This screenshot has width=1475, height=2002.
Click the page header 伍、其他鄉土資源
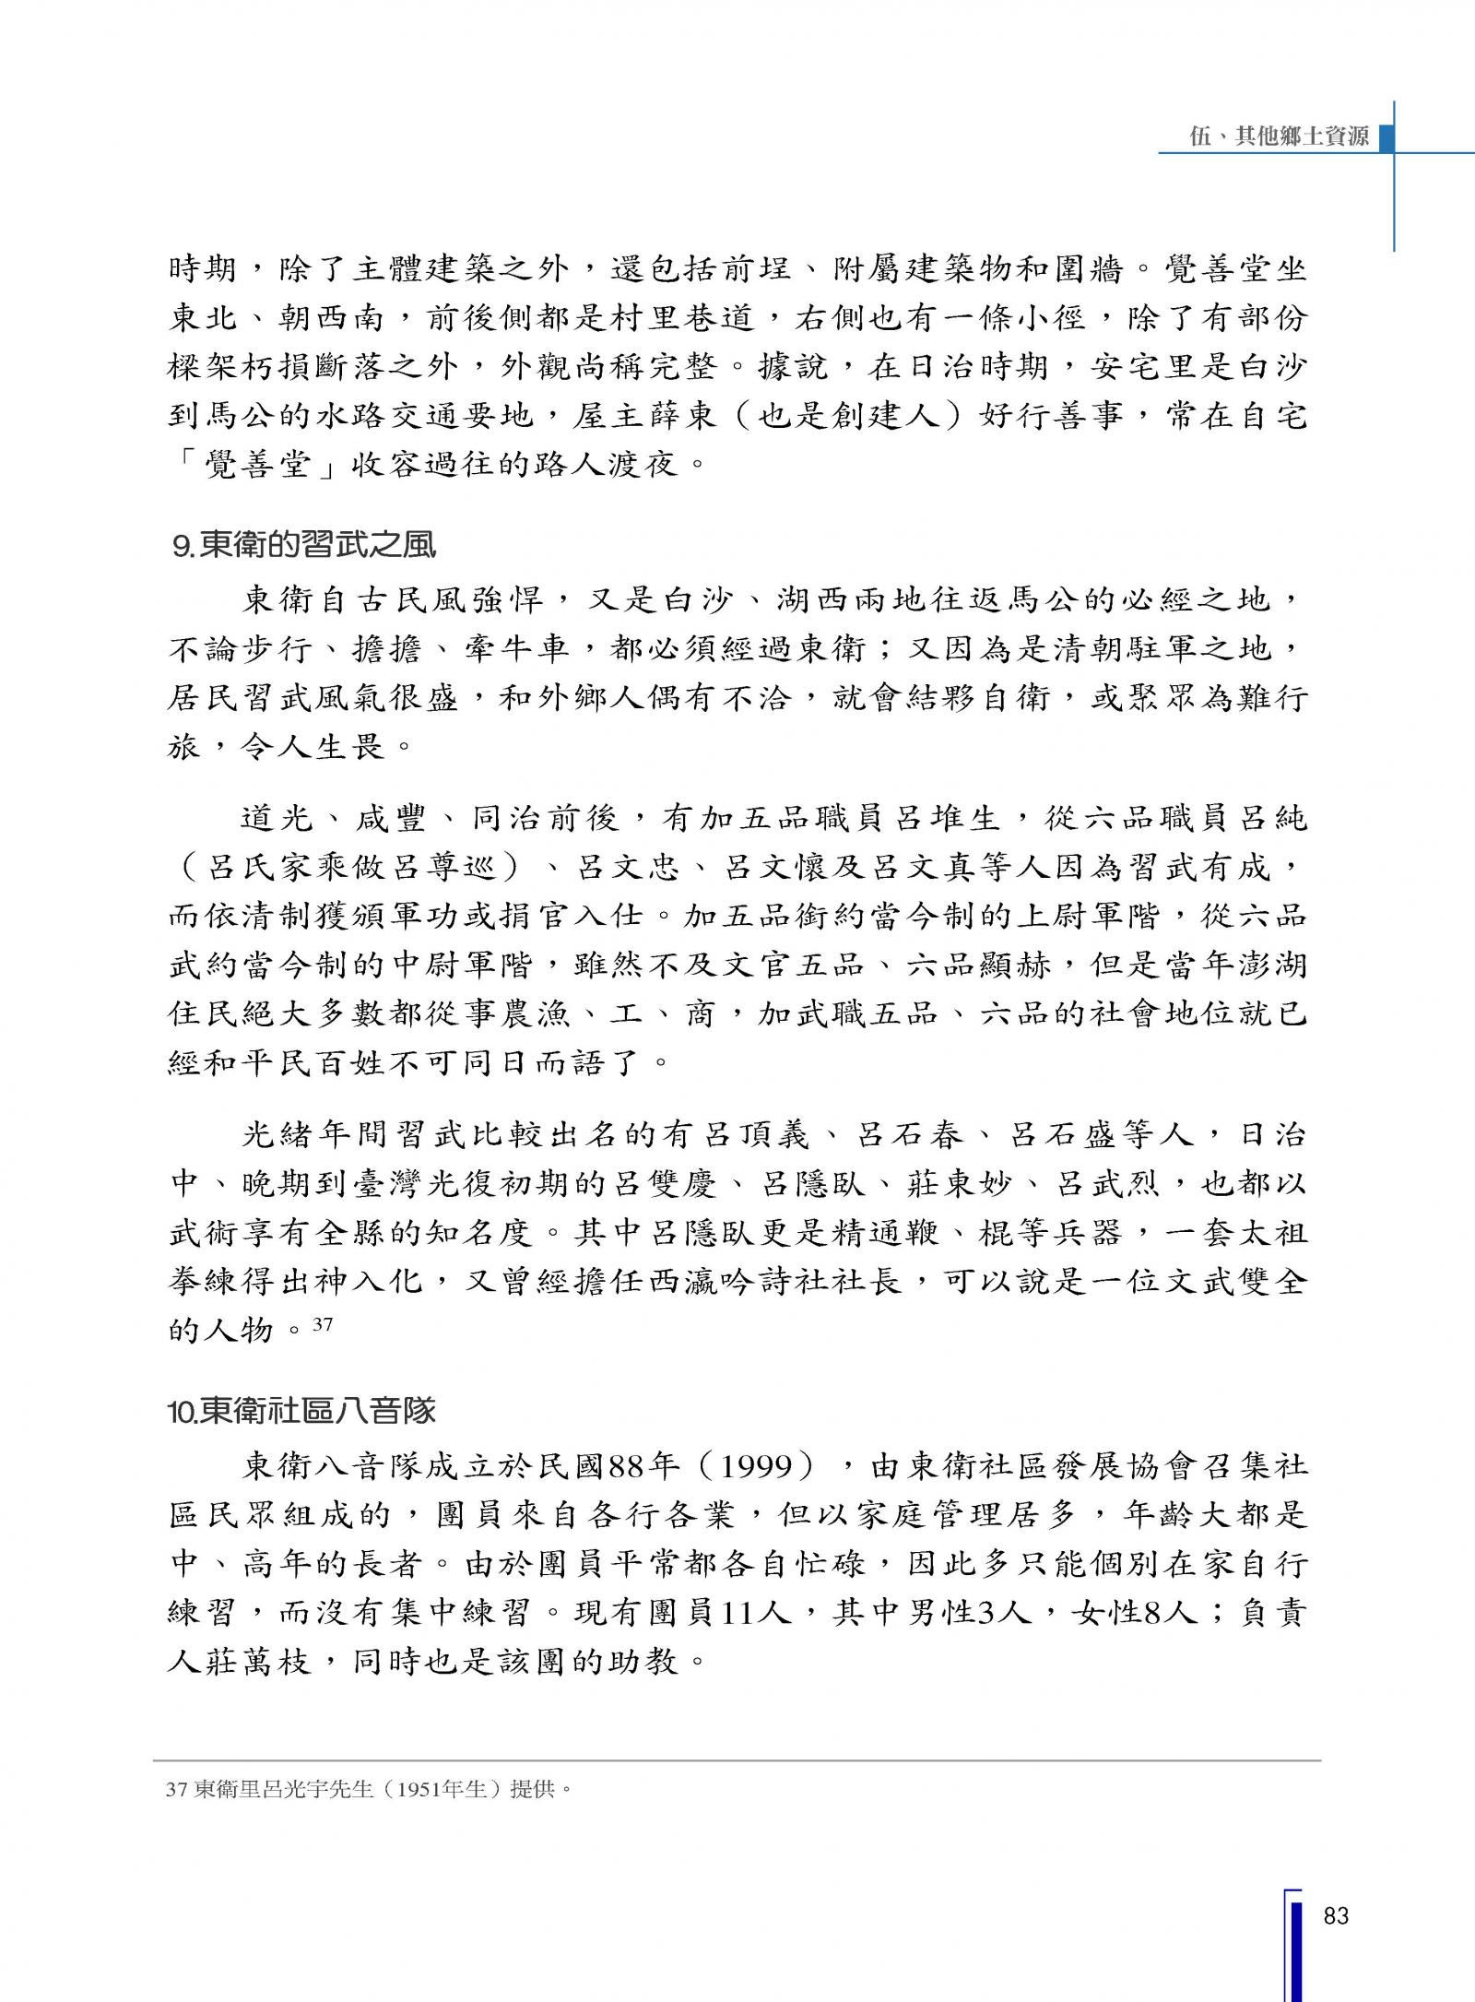pos(1279,137)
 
